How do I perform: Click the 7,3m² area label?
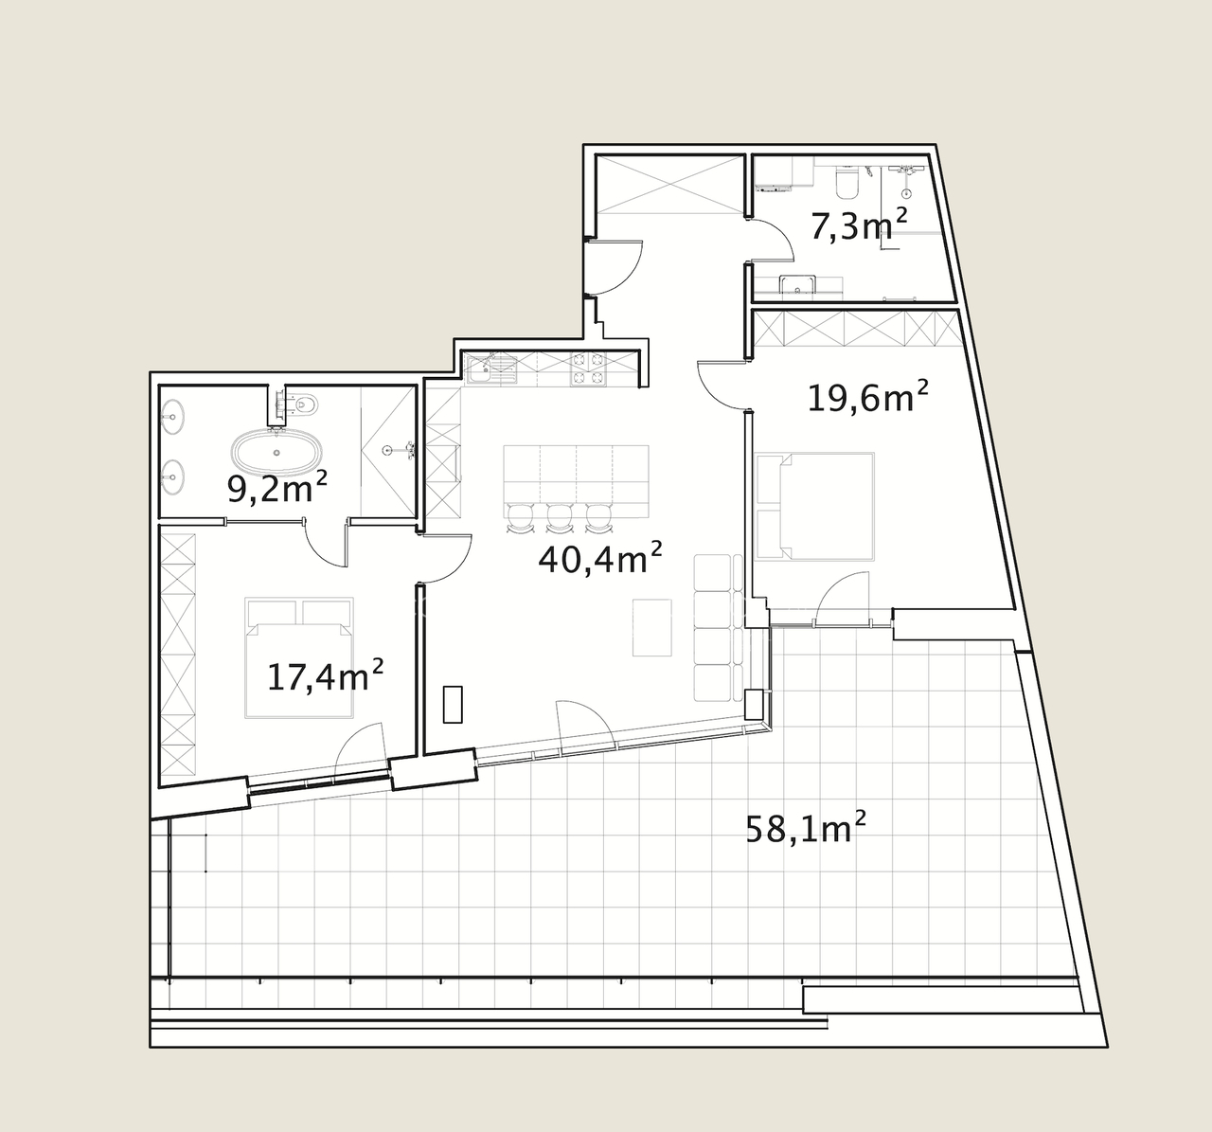pos(858,225)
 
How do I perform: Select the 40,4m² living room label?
pos(600,559)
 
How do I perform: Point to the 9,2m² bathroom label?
pos(277,487)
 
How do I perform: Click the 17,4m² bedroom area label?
pos(326,676)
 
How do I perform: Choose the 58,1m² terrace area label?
pos(806,829)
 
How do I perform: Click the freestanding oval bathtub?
pos(277,453)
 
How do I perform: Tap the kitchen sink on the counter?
pos(491,369)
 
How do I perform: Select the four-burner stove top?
pos(588,369)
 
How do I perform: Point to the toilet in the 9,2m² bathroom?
pos(303,404)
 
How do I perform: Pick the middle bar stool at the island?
pos(559,518)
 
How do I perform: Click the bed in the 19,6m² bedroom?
pos(814,506)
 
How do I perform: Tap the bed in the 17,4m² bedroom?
pos(299,657)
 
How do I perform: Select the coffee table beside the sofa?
pos(651,628)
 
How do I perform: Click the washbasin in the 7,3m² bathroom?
pos(797,284)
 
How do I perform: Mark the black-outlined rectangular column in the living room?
pos(453,705)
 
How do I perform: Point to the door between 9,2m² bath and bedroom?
pos(327,544)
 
